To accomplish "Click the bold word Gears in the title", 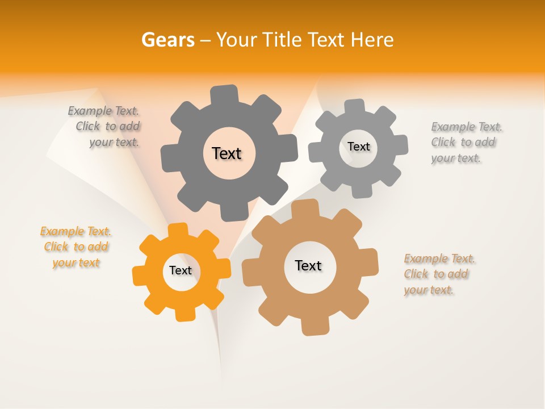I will (167, 40).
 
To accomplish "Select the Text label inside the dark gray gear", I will (227, 153).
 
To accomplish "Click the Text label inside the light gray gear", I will (358, 147).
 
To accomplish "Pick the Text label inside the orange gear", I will (181, 270).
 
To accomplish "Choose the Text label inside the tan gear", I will (308, 265).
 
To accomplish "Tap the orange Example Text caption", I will (76, 247).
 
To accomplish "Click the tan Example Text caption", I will (439, 274).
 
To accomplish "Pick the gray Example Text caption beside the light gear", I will (466, 143).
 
